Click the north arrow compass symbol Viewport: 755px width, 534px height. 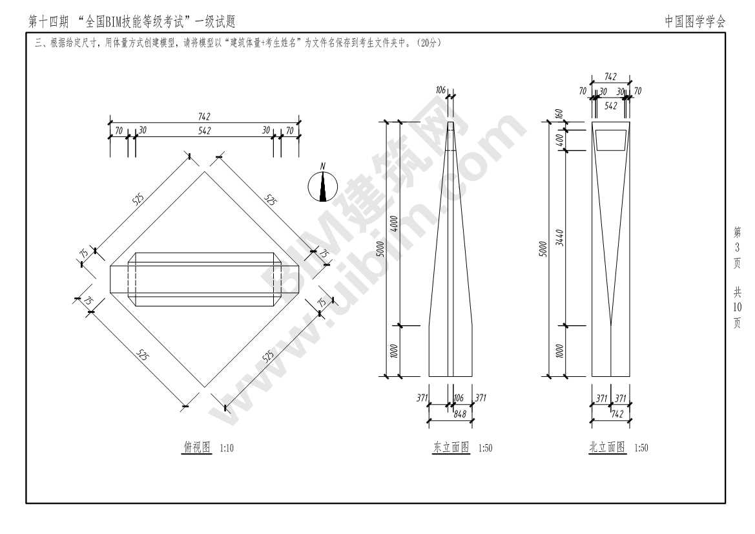[322, 187]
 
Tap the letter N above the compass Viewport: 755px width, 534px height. [323, 166]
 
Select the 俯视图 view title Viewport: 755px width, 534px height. [197, 447]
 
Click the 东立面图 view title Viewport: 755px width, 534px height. [451, 447]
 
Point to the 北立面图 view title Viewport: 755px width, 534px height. [607, 447]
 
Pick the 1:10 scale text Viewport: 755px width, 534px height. [227, 448]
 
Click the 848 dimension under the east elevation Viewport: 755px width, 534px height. [460, 414]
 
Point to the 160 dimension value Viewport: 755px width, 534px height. [560, 113]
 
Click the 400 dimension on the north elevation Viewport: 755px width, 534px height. [560, 138]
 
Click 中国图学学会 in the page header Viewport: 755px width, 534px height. [695, 22]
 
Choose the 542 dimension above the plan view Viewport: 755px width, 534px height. [204, 130]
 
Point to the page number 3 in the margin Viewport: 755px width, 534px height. [737, 248]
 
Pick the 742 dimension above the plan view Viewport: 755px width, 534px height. [204, 116]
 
